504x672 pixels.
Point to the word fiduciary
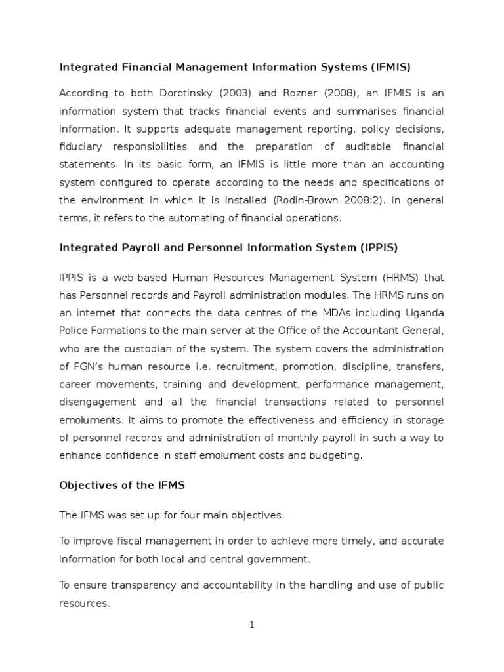pyautogui.click(x=85, y=146)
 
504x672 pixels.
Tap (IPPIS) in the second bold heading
pyautogui.click(x=376, y=248)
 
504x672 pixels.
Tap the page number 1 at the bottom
pyautogui.click(x=252, y=625)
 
